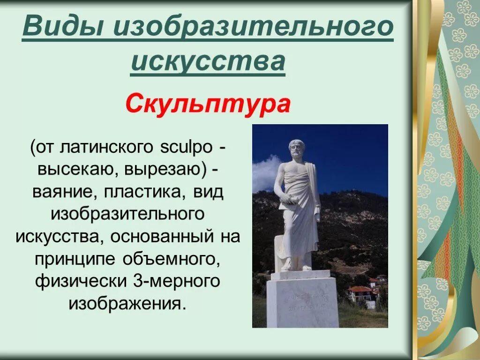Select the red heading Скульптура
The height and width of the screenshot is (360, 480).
pos(208,105)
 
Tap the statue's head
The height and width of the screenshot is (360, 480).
pos(296,149)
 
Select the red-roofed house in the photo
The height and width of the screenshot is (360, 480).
pos(360,293)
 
